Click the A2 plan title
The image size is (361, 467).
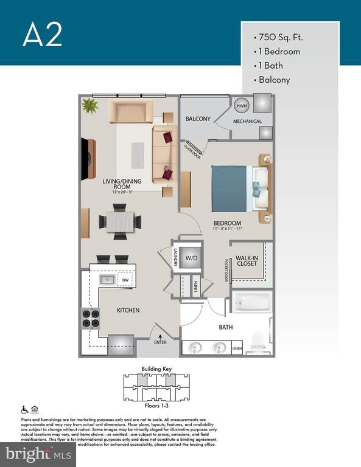coord(43,35)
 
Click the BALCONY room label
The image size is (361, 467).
coord(198,119)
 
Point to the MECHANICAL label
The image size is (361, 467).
coord(247,122)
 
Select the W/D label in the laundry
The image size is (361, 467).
coord(192,258)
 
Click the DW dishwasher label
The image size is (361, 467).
coord(125,280)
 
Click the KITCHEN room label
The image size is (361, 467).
coord(128,311)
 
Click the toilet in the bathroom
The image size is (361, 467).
coord(258,339)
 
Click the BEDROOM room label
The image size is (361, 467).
coord(227,223)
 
